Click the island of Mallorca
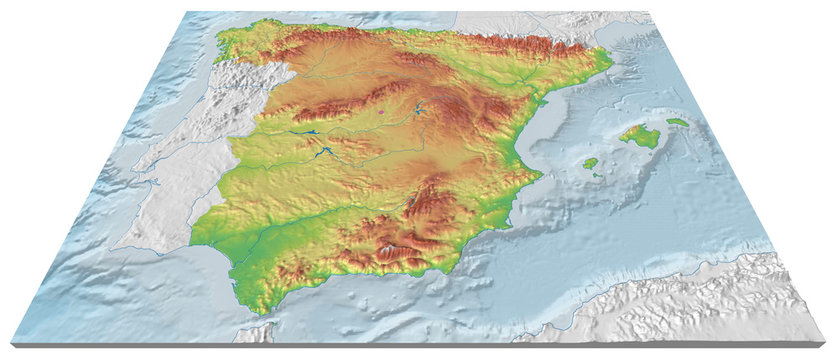click(640, 135)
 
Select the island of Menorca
click(678, 122)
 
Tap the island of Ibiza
click(590, 162)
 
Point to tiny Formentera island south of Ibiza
click(597, 175)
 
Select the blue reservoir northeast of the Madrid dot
click(417, 108)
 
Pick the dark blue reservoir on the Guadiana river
click(325, 153)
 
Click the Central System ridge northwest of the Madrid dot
click(340, 103)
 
